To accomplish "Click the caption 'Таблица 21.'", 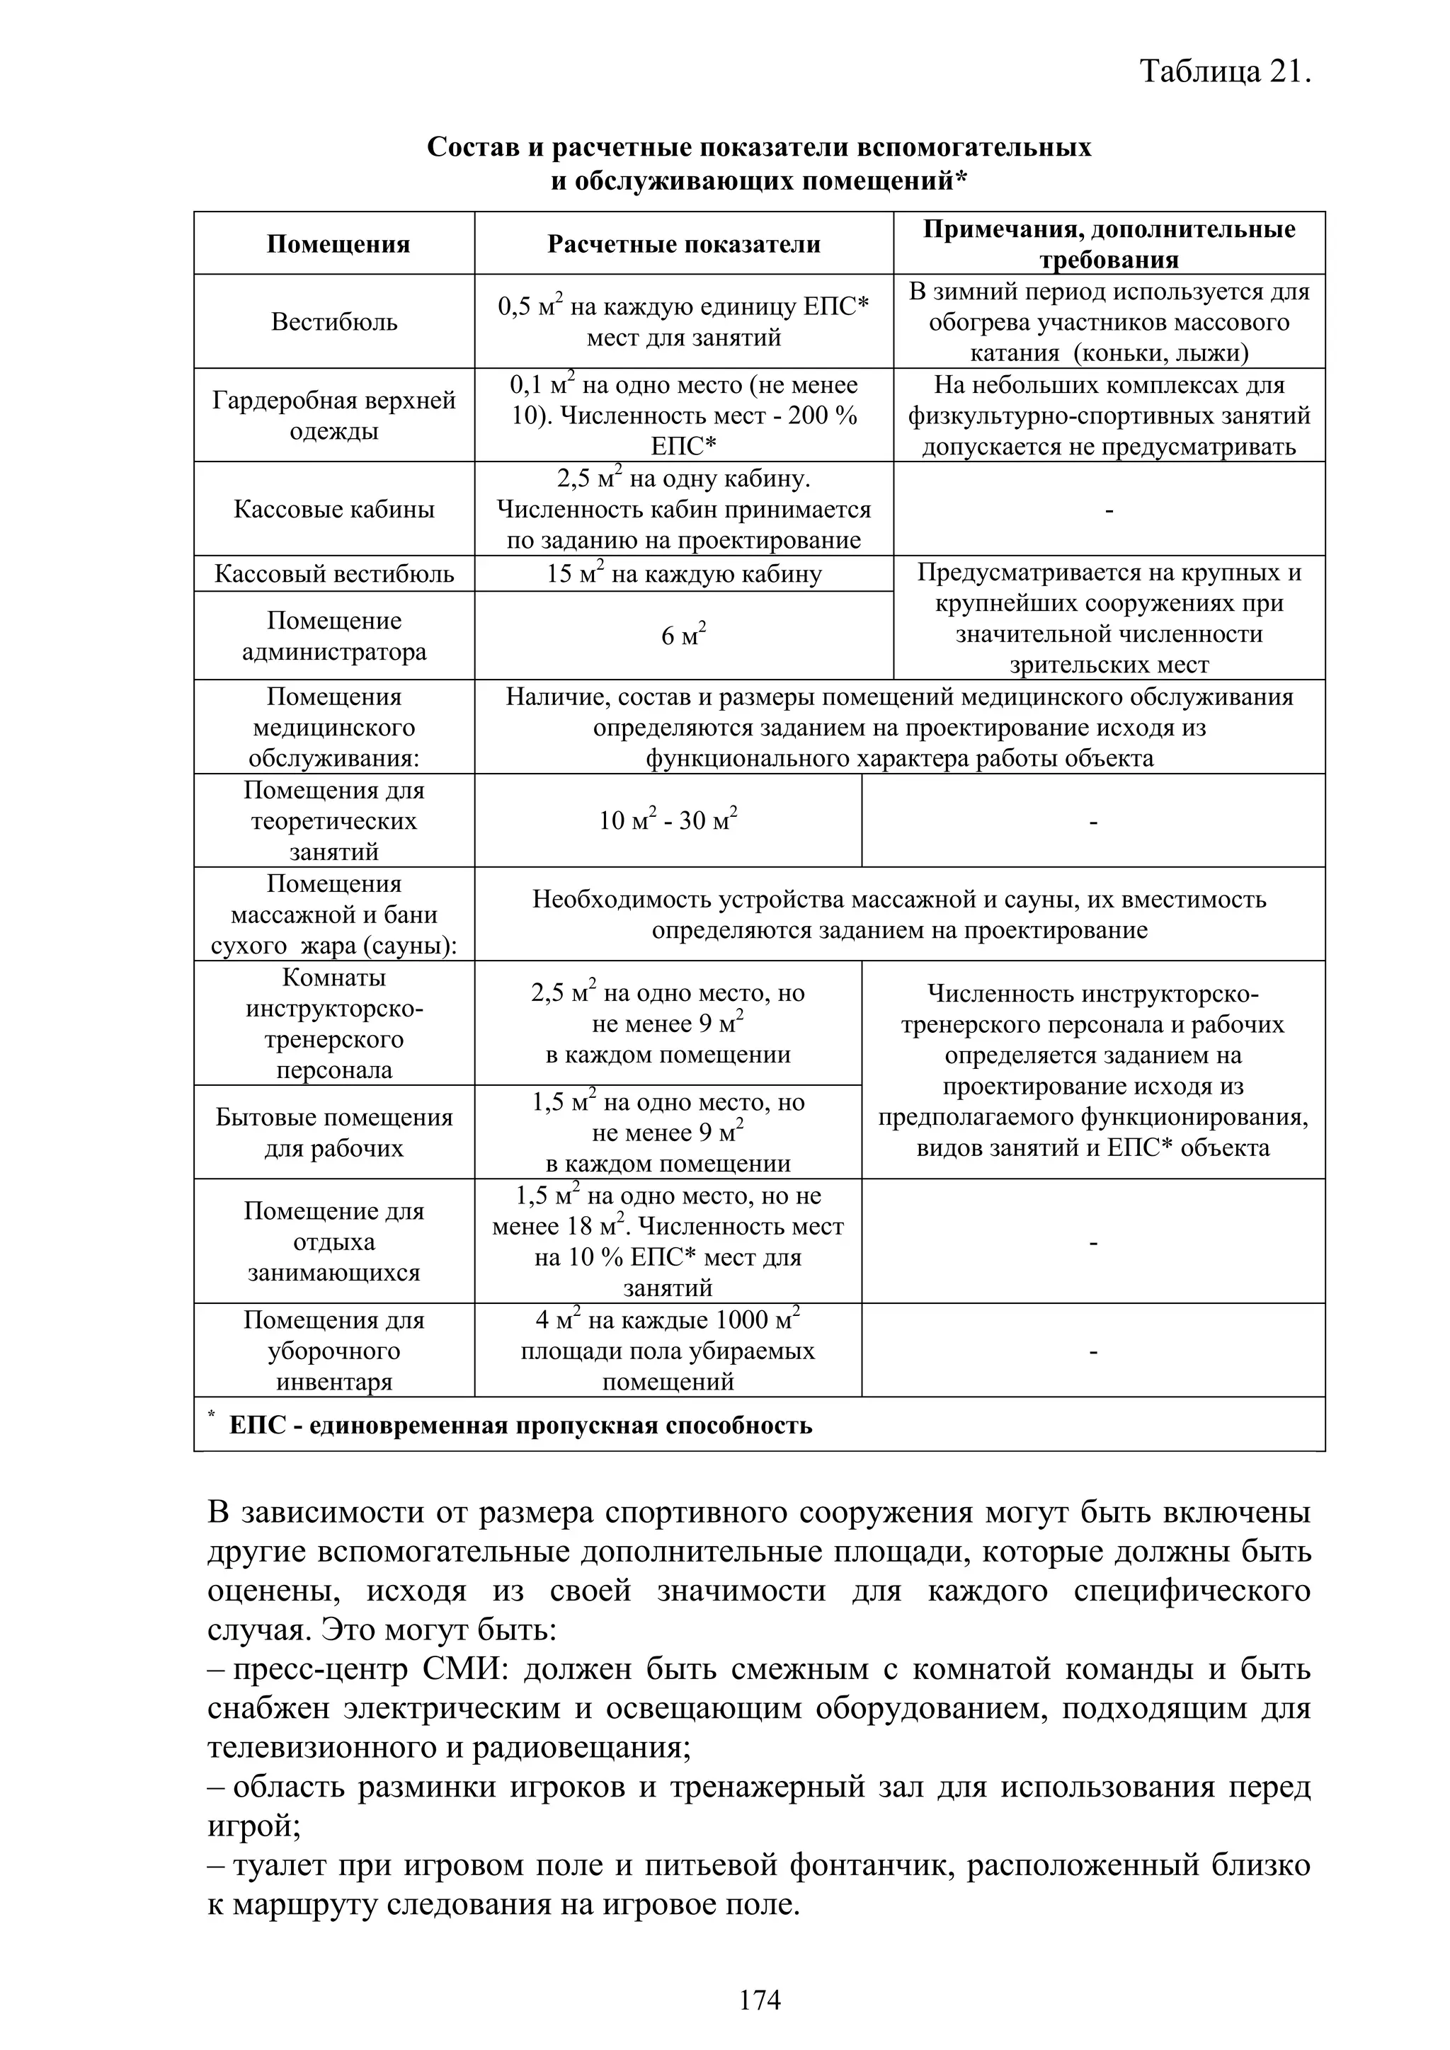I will pyautogui.click(x=1225, y=71).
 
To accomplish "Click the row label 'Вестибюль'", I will pyautogui.click(x=334, y=322).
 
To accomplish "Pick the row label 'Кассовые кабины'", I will pyautogui.click(x=334, y=510).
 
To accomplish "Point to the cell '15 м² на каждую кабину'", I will pyautogui.click(x=683, y=574).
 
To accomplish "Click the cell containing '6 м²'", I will pyautogui.click(x=683, y=636).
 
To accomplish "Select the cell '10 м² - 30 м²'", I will pyautogui.click(x=668, y=820).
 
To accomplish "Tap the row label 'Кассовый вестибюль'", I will pyautogui.click(x=334, y=574).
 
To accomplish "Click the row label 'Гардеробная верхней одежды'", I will pyautogui.click(x=334, y=416).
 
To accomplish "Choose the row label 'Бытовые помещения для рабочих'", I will pyautogui.click(x=334, y=1133).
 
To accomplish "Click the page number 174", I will pyautogui.click(x=760, y=1999).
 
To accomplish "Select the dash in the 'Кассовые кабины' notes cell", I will pyautogui.click(x=1109, y=510).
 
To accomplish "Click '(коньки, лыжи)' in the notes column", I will pyautogui.click(x=1160, y=353).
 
